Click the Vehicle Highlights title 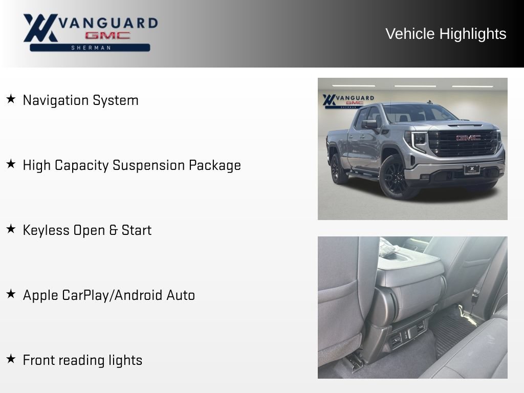pos(446,34)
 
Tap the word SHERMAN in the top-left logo pos(91,48)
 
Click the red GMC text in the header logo pos(107,35)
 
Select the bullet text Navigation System pos(80,100)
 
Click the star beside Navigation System pos(11,99)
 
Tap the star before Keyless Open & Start pos(11,229)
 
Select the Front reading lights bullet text pos(82,360)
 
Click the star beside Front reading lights pos(11,359)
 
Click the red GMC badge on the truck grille pos(468,138)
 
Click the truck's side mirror pos(370,124)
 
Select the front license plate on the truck pos(471,169)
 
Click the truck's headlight pos(418,140)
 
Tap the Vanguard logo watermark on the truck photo pos(348,101)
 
